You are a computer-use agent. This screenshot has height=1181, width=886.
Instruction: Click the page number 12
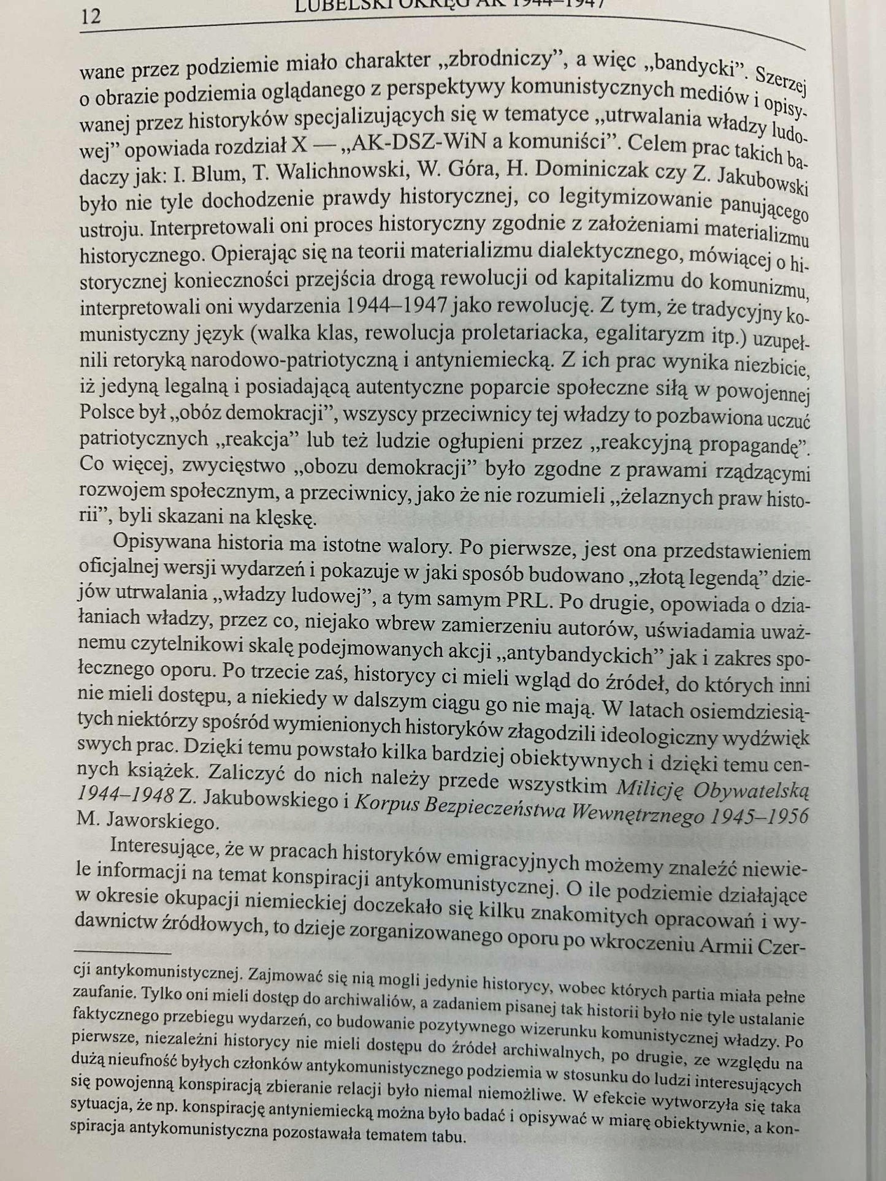click(90, 17)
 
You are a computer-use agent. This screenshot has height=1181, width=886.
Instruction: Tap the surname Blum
click(205, 173)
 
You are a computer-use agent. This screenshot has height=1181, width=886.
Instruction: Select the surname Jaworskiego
click(162, 822)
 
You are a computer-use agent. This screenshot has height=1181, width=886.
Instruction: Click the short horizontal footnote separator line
click(122, 954)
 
